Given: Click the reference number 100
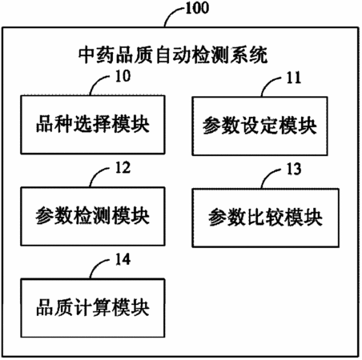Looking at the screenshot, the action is (x=197, y=8).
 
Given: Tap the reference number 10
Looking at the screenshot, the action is (x=123, y=76).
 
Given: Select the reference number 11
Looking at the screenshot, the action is (x=294, y=78).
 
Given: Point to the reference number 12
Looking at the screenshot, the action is (x=123, y=168).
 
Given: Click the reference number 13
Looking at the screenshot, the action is (x=294, y=169).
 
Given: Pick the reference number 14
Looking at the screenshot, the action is (x=123, y=259).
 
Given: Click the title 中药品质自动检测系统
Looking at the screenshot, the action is (x=173, y=55).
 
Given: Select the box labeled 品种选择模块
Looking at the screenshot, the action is (x=93, y=125).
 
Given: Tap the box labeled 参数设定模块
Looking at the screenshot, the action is (x=259, y=126).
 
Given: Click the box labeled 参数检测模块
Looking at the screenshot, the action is (x=93, y=216).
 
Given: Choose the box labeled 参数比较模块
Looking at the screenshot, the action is (x=266, y=218).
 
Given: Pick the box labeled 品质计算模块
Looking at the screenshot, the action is (x=93, y=308).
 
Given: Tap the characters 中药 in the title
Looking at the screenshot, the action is (x=97, y=55).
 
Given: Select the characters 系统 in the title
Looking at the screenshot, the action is (x=249, y=55).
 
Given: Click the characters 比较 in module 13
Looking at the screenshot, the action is (x=266, y=218).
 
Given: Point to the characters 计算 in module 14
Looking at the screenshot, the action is (x=93, y=308).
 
